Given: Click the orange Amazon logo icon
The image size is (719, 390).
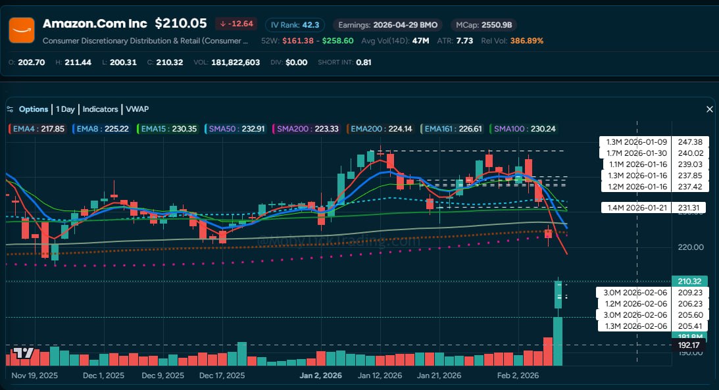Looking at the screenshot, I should pyautogui.click(x=22, y=30).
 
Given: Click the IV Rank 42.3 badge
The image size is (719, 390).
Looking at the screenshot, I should pyautogui.click(x=295, y=25).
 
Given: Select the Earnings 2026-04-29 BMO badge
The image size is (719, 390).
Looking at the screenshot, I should pyautogui.click(x=387, y=25).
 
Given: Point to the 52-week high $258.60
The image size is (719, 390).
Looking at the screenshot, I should pyautogui.click(x=337, y=41).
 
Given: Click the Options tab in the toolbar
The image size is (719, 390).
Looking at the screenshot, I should pyautogui.click(x=33, y=109).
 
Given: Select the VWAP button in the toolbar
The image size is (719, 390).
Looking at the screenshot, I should pyautogui.click(x=137, y=109).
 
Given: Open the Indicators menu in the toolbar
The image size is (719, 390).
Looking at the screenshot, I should pyautogui.click(x=100, y=109).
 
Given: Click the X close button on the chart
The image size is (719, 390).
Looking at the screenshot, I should pyautogui.click(x=710, y=109).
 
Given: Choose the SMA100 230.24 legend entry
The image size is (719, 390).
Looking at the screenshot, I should pyautogui.click(x=524, y=129).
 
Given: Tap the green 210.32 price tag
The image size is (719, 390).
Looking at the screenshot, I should pyautogui.click(x=688, y=281).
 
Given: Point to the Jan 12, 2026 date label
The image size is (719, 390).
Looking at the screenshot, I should pyautogui.click(x=380, y=376).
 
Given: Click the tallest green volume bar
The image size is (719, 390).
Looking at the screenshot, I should pyautogui.click(x=558, y=341).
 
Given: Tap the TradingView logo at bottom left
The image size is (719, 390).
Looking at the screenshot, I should pyautogui.click(x=23, y=353).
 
